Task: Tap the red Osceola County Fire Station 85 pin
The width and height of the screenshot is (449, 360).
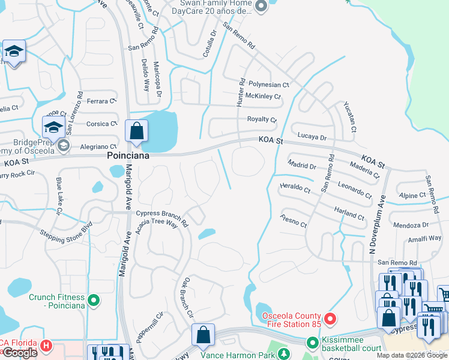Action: coord(329,318)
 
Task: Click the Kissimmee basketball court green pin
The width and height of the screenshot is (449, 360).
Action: coord(312,343)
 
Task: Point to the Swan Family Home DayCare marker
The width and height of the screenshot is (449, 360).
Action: coord(261,7)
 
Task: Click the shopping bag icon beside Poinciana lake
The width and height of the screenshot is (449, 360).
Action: coord(136,131)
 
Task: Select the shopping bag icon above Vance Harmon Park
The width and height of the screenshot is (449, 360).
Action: coord(203,335)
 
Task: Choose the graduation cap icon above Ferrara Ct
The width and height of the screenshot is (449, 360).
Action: coord(13,52)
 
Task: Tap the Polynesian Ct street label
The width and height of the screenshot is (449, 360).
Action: coord(269,85)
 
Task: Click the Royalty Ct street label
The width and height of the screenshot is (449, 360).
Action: coord(262,119)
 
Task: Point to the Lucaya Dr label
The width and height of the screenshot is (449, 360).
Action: coord(312,137)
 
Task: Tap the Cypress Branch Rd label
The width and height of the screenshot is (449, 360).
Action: coord(162,214)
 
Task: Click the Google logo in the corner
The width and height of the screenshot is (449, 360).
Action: coord(20,353)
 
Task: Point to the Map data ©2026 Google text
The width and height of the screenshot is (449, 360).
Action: coord(412,355)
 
